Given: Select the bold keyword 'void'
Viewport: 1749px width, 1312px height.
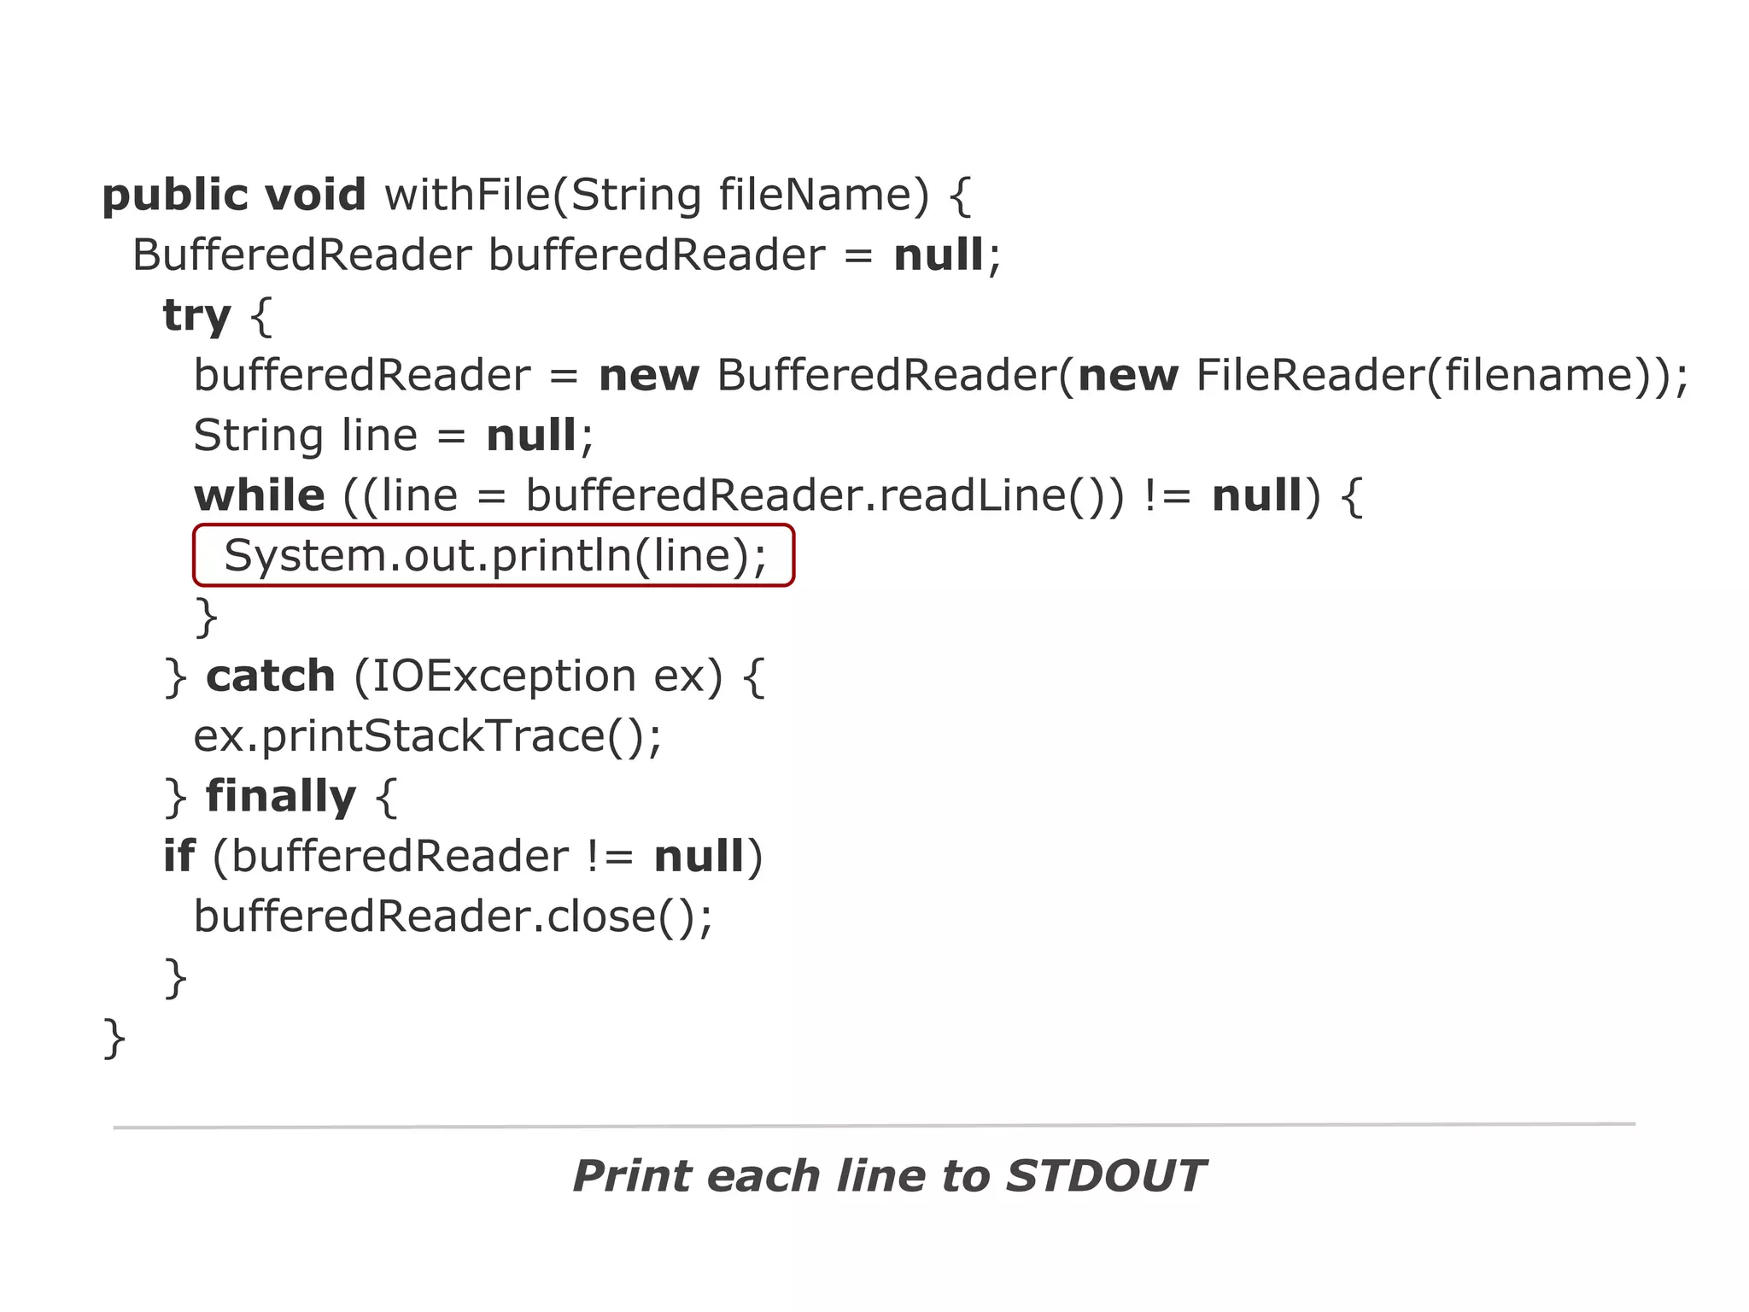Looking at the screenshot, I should (x=315, y=196).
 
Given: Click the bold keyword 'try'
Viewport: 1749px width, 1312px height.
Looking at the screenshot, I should (x=196, y=316).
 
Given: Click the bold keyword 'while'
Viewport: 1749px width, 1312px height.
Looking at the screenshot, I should (x=260, y=496).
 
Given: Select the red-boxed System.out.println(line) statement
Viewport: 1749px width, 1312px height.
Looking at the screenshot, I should (x=494, y=556).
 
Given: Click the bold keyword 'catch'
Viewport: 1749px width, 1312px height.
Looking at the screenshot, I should (x=271, y=676).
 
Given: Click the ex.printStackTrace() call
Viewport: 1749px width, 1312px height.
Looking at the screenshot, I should (x=427, y=736).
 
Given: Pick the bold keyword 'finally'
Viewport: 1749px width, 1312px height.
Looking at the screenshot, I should (x=281, y=797).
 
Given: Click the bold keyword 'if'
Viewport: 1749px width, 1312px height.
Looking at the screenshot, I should (x=178, y=857).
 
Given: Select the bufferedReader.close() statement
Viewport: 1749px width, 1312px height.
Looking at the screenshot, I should (x=453, y=917).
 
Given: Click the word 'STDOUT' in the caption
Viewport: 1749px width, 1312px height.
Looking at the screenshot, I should (x=1105, y=1176).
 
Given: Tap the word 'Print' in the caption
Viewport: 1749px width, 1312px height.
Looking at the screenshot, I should (x=630, y=1176).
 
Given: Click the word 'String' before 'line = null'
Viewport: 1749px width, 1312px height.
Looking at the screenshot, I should (x=258, y=436).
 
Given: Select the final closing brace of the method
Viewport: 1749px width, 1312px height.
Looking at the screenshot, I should (x=114, y=1038).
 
